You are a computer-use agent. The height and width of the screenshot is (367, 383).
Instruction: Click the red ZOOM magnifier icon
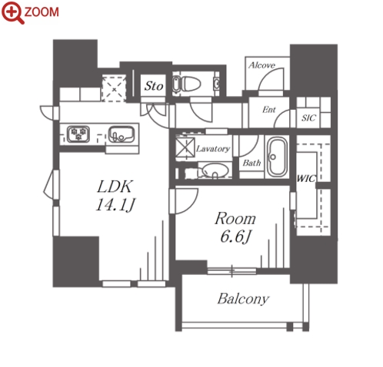[13, 13]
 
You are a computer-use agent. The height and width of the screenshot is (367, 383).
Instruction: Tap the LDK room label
[115, 187]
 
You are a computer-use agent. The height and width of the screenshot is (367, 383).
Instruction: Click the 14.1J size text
[115, 205]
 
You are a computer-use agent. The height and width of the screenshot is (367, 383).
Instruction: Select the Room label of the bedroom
[235, 219]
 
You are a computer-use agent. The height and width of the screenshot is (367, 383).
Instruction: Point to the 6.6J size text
[235, 236]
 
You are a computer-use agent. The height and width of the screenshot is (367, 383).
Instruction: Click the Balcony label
[243, 299]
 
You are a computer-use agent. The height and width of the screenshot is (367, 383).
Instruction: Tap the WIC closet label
[306, 178]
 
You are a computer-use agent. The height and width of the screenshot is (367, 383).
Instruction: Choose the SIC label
[308, 118]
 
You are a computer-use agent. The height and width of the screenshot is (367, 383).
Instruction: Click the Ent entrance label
[269, 110]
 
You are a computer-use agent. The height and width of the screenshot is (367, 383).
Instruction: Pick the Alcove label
[261, 65]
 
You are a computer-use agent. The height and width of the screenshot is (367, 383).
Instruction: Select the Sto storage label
[154, 86]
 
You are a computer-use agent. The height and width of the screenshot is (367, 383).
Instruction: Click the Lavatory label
[213, 149]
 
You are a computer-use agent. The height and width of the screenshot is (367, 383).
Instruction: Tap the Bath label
[251, 163]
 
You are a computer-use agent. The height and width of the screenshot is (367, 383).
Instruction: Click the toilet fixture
[186, 84]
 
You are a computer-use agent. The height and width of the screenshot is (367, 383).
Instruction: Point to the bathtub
[277, 157]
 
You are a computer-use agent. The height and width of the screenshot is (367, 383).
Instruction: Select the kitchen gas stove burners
[78, 134]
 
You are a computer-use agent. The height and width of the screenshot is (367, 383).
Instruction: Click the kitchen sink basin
[122, 134]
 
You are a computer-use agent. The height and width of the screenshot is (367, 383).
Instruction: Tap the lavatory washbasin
[215, 170]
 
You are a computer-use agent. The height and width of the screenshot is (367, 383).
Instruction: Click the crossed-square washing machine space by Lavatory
[185, 147]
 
